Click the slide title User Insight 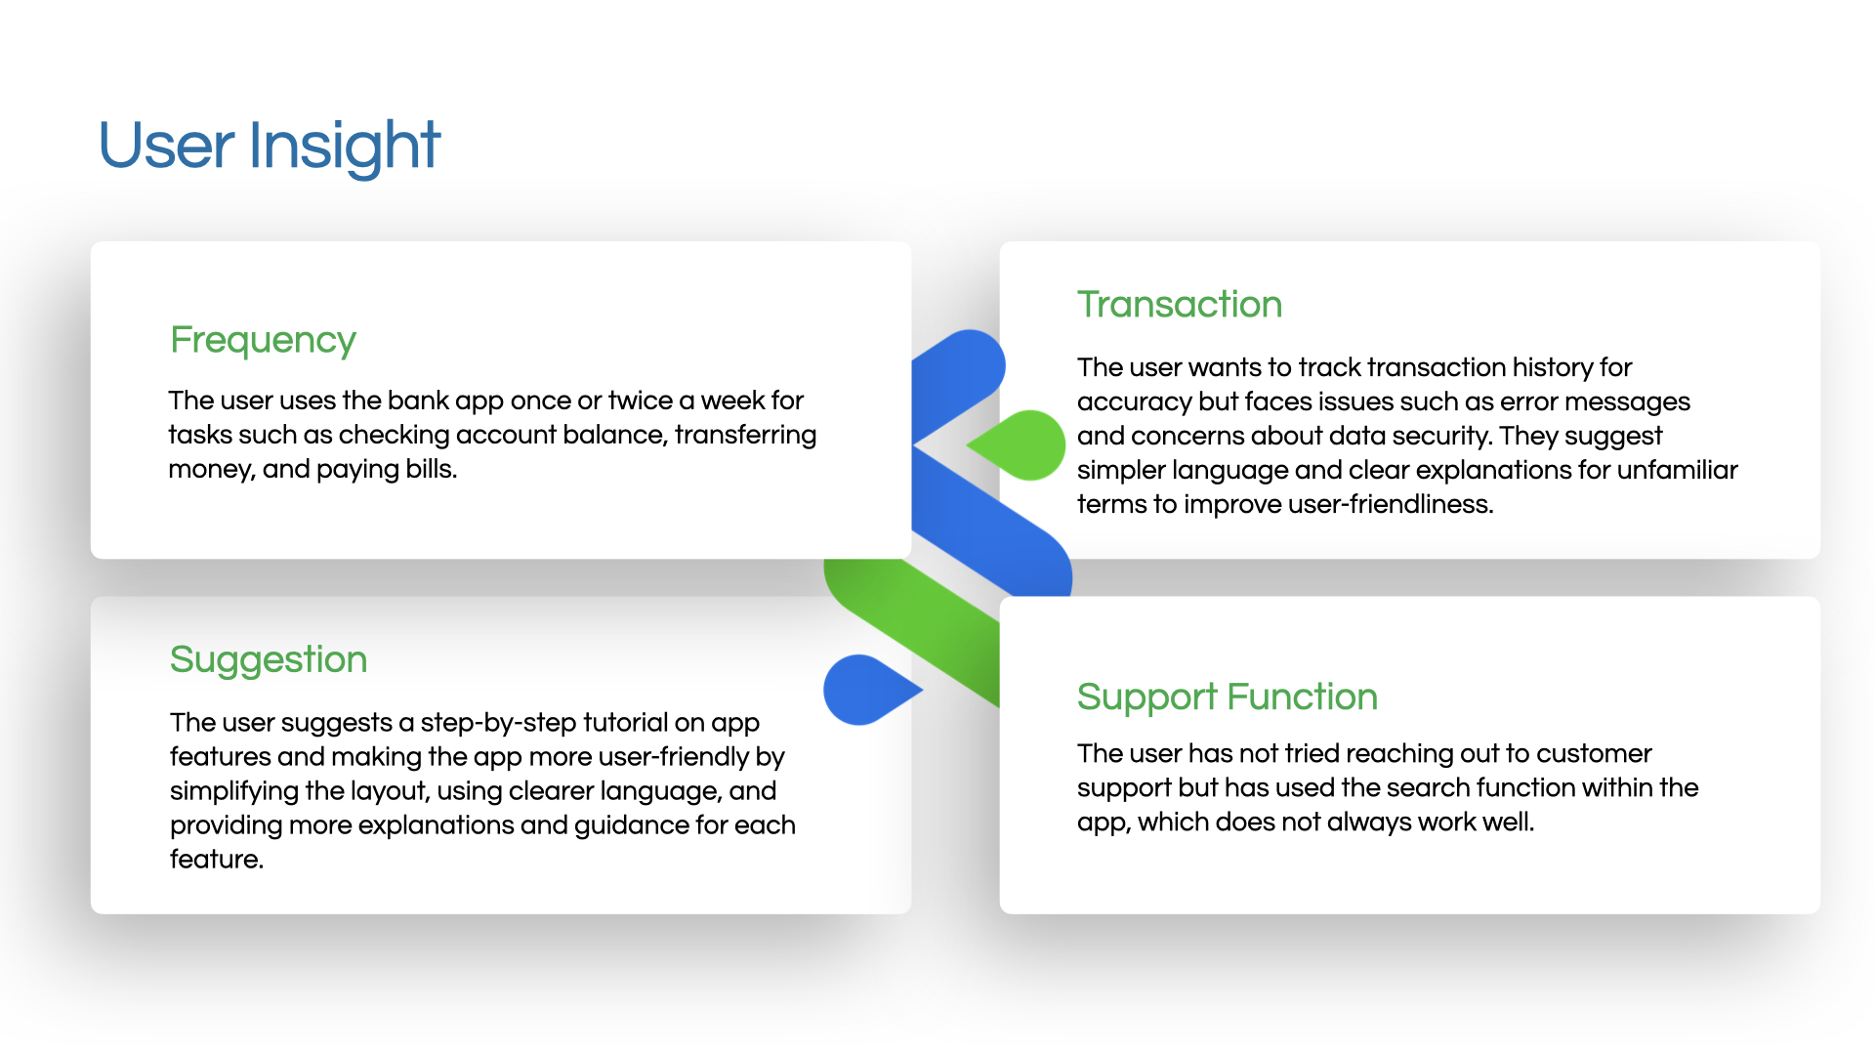[270, 147]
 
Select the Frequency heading [263, 341]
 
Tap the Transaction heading [1180, 305]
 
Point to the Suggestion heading [269, 660]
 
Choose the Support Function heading [1228, 697]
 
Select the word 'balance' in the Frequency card [614, 435]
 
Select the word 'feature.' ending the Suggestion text [217, 860]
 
